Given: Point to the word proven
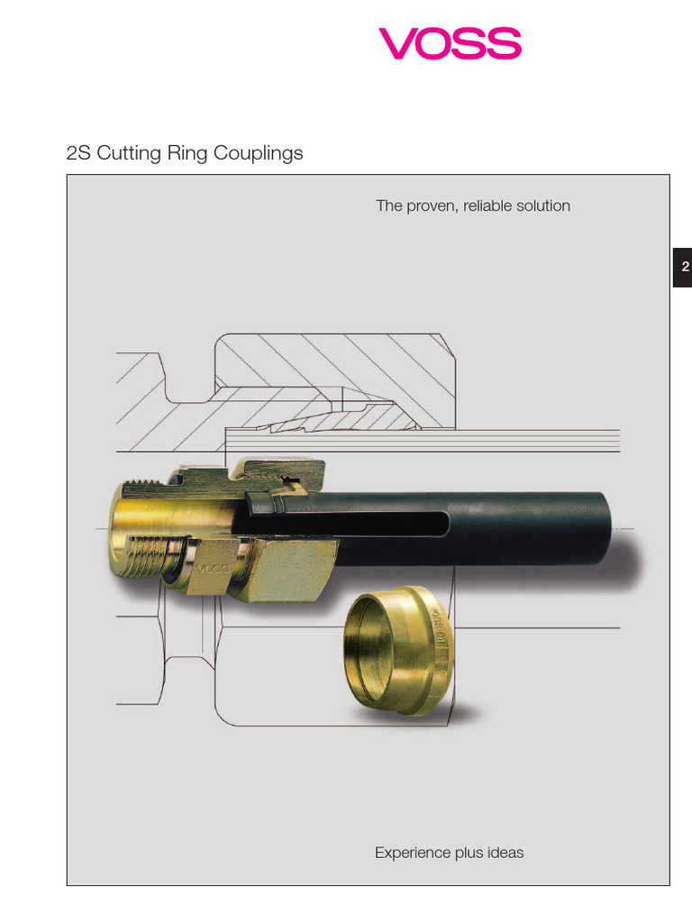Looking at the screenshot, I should (432, 206).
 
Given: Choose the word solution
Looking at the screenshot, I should (544, 206).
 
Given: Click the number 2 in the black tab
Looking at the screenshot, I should (684, 267).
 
